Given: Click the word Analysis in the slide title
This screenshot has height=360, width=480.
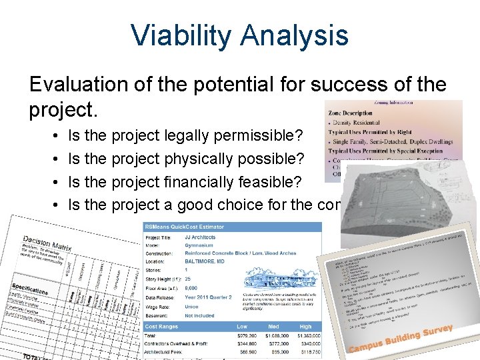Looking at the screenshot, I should [293, 35].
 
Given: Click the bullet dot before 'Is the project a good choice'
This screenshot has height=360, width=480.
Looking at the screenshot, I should [53, 205].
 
